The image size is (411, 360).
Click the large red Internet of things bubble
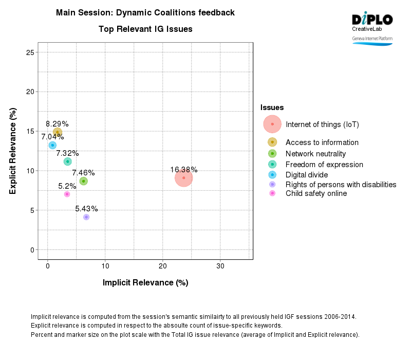183,178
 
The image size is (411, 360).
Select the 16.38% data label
184,170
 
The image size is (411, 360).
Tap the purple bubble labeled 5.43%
86,217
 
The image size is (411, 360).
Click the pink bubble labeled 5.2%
67,194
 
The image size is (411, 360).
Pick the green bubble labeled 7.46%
83,181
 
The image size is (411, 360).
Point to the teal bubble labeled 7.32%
67,161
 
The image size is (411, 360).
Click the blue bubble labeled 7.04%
52,146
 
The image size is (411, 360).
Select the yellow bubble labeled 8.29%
58,132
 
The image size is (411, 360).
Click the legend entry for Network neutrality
315,154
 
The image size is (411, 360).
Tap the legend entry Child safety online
316,193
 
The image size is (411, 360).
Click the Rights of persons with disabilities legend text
341,185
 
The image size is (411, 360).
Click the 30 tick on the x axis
220,266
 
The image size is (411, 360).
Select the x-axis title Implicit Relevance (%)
145,283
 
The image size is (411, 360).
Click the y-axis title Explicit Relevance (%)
13,151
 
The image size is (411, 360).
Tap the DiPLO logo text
372,20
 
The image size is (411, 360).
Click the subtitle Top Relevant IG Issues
145,29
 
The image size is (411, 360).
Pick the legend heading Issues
272,107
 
